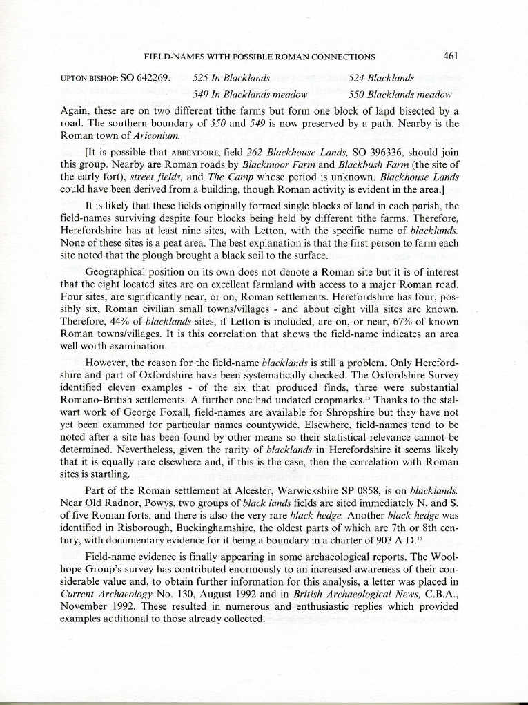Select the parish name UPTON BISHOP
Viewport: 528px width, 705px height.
click(x=84, y=78)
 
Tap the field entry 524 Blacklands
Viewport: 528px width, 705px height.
click(x=382, y=78)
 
